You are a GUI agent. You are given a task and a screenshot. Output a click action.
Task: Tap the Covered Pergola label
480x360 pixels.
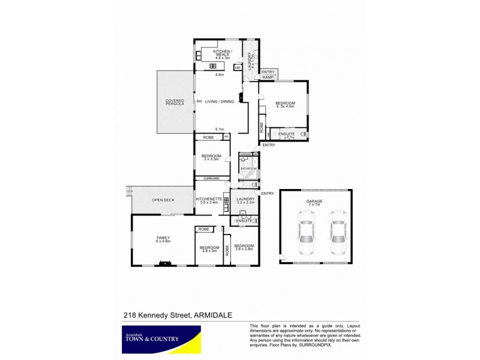tap(175, 103)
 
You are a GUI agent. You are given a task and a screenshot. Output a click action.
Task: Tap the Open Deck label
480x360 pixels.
tap(163, 200)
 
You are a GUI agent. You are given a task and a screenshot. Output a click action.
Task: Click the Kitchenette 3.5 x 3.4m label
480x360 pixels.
tap(209, 201)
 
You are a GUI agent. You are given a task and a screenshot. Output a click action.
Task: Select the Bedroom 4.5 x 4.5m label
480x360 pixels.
tap(285, 104)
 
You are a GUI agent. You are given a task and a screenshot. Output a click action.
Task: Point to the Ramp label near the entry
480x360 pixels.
tap(268, 77)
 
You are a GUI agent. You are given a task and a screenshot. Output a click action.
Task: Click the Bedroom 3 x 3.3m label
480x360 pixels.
tap(211, 158)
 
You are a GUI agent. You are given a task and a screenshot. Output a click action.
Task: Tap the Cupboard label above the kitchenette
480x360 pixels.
tap(211, 178)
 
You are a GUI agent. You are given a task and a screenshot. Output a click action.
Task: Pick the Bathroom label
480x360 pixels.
tap(249, 169)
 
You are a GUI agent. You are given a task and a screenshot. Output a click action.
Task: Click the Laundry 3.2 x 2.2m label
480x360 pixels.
tap(245, 201)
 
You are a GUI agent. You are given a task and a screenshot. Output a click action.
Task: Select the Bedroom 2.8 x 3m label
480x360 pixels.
tap(209, 250)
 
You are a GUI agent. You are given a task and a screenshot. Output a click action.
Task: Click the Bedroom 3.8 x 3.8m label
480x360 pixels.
tap(244, 248)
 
